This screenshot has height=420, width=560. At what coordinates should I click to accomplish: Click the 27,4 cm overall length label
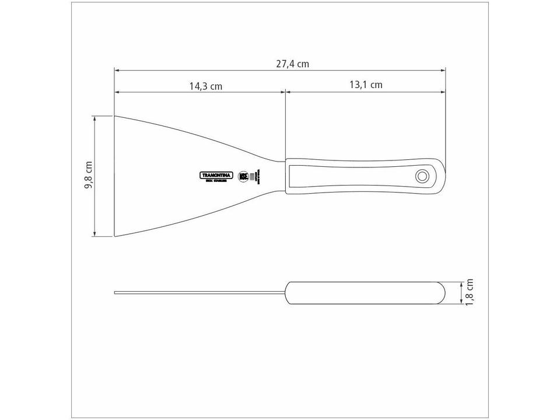coord(292,64)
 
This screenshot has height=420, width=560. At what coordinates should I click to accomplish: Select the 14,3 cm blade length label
coord(205,86)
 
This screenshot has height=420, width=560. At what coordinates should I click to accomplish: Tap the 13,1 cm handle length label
coord(366,85)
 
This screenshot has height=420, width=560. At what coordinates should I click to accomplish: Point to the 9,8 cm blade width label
coord(89,175)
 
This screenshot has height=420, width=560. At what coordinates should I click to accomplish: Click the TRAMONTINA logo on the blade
coord(216,175)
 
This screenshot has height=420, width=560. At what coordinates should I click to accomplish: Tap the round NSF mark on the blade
coord(243,176)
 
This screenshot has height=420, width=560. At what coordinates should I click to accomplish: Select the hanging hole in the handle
coord(421,175)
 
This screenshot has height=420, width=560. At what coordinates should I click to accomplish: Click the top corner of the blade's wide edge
coord(115,116)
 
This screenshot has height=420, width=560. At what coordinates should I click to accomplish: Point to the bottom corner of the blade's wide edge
coord(115,236)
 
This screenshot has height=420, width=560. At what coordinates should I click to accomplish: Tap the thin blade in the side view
coord(198,292)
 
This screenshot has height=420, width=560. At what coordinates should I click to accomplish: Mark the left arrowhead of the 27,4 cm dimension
coord(117,71)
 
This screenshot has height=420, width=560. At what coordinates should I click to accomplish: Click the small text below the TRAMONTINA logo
coord(216,181)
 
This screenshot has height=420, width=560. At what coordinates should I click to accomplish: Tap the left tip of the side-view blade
coord(116,292)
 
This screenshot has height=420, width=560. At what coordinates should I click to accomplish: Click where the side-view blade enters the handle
coord(285,292)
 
